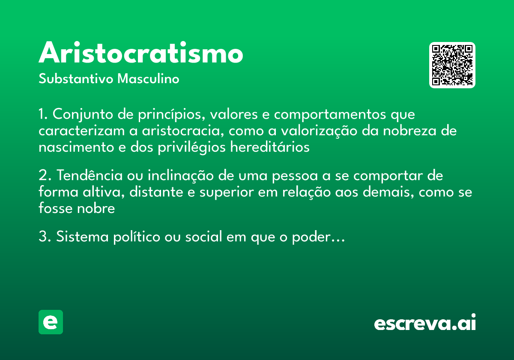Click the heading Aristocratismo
point(141,53)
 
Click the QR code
point(452,65)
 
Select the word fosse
point(53,208)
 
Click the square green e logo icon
point(51,322)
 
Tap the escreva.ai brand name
point(425,323)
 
